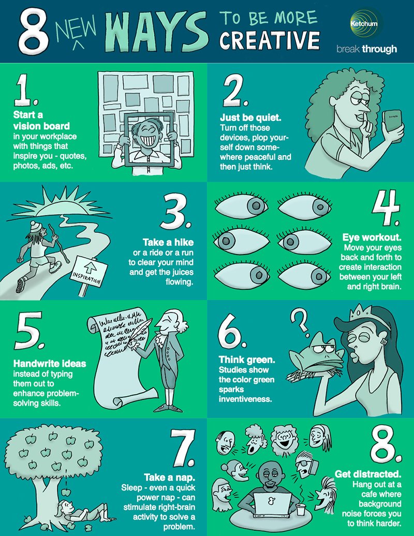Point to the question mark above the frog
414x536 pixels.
click(300, 320)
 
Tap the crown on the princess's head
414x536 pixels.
click(362, 313)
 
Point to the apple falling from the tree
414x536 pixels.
click(66, 492)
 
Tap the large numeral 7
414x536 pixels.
click(183, 448)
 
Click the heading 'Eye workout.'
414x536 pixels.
click(372, 237)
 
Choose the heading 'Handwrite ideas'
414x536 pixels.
click(50, 363)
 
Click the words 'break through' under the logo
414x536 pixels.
click(366, 49)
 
